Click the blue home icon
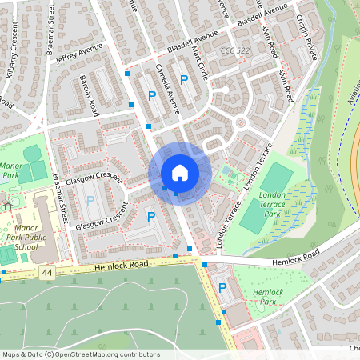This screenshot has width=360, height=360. (179, 173)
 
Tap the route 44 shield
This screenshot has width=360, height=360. (47, 273)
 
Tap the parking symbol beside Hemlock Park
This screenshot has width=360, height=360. (222, 287)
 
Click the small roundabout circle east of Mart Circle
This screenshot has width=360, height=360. (240, 122)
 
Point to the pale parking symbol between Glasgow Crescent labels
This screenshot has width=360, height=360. (90, 199)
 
